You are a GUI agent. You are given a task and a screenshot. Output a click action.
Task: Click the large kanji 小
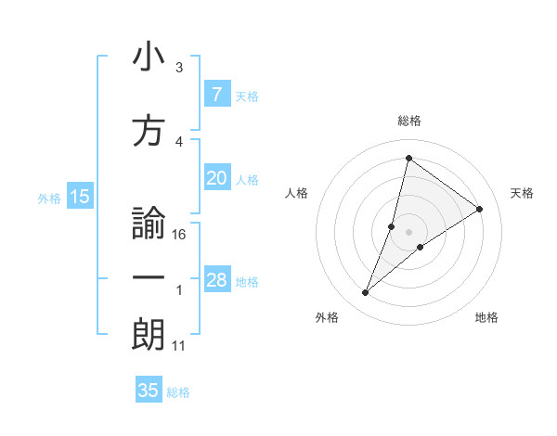149,58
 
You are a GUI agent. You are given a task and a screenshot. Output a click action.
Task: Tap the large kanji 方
149,131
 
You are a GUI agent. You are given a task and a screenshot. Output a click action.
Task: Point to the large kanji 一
149,278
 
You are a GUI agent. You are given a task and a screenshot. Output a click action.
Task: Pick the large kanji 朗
149,334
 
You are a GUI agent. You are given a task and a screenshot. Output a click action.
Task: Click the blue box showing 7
216,95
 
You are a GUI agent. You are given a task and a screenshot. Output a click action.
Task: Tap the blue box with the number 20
216,179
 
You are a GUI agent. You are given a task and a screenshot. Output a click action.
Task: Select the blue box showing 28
216,281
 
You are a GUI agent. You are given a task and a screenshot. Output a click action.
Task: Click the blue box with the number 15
80,197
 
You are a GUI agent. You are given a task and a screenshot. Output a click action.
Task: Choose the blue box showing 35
149,391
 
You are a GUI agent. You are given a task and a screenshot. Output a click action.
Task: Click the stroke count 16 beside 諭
180,235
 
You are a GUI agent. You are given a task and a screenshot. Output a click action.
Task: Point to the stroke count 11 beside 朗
179,346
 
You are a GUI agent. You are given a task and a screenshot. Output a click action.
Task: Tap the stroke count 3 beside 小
179,68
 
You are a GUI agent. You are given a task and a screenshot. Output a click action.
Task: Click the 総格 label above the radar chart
408,121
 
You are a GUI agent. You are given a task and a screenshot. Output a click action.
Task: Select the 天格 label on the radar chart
523,193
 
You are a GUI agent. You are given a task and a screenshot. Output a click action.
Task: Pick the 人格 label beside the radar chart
296,193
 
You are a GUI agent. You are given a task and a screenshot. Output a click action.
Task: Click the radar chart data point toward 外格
365,293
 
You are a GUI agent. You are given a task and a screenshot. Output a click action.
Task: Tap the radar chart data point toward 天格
480,209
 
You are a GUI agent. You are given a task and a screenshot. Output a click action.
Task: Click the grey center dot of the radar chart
408,232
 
